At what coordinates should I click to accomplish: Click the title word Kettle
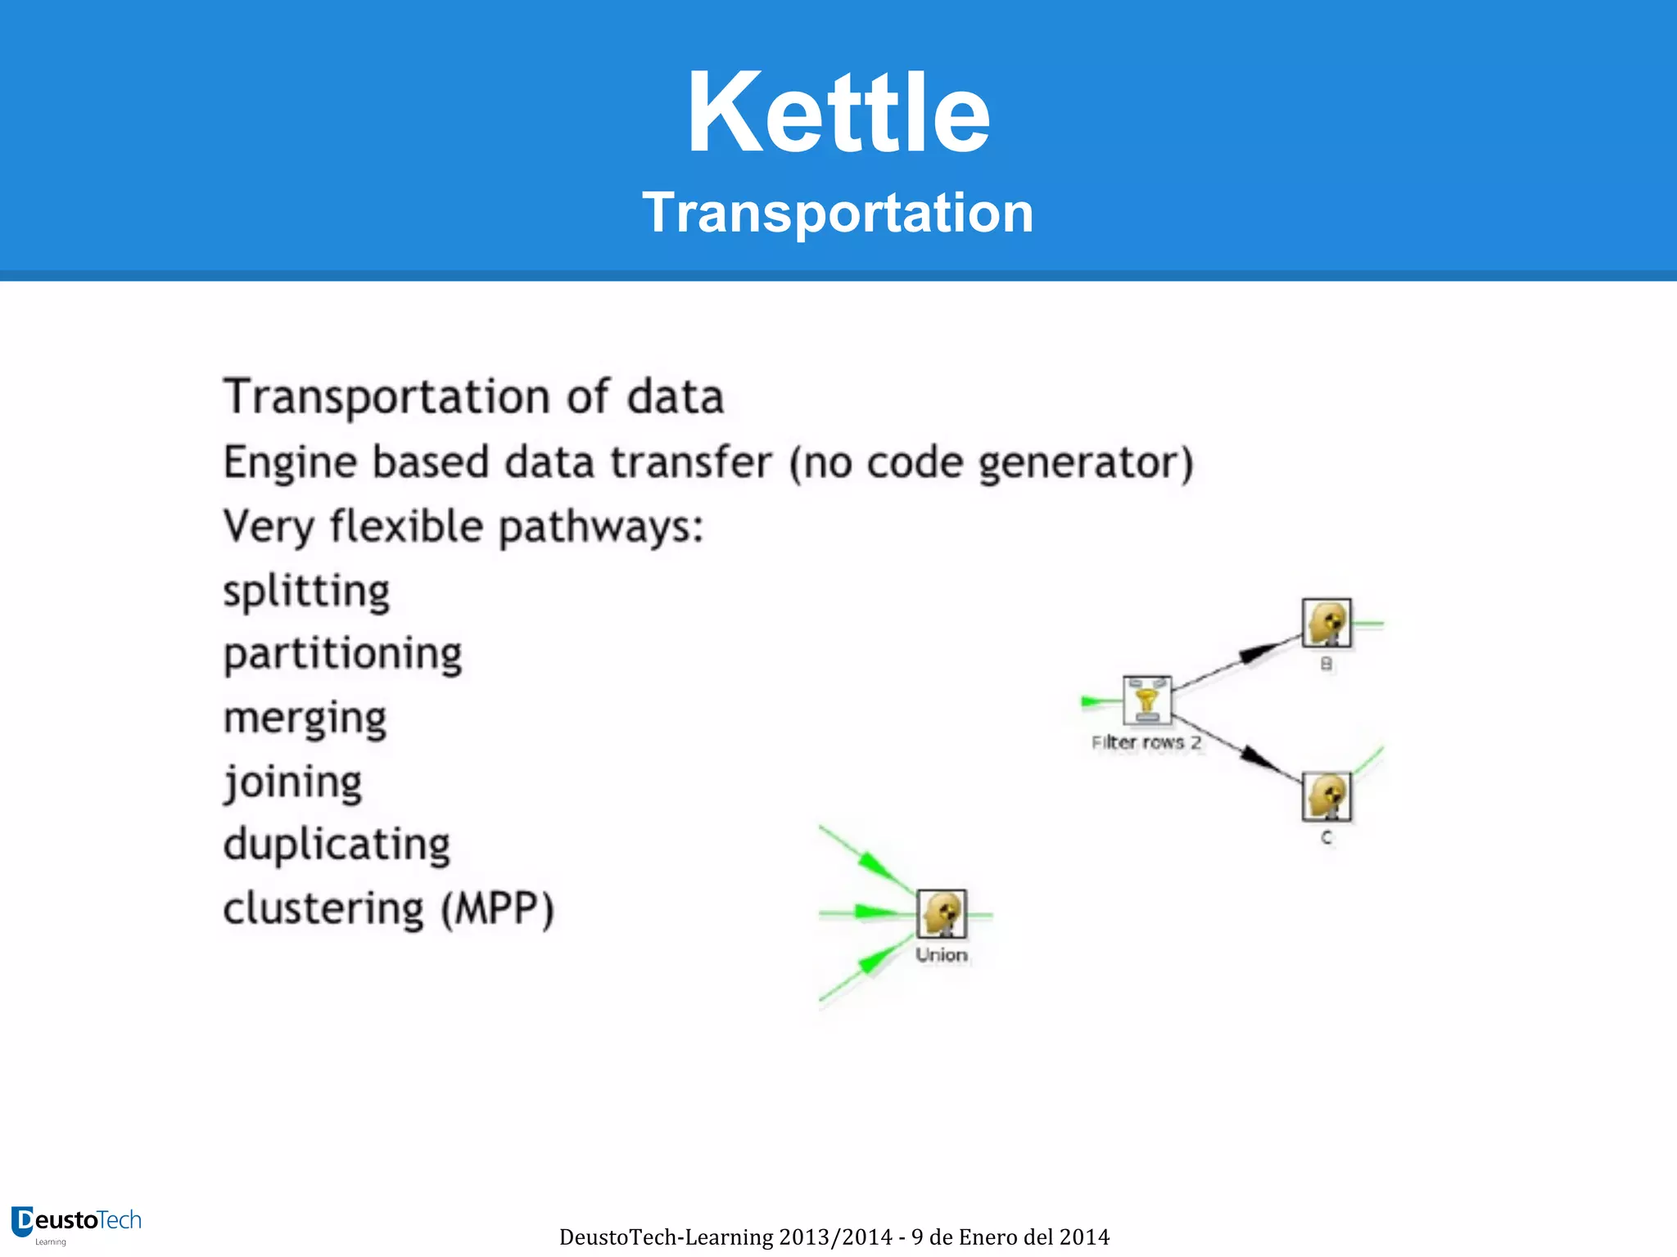click(838, 112)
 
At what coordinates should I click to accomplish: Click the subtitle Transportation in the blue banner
click(838, 213)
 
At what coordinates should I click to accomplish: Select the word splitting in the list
click(306, 591)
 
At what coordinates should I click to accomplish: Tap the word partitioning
click(342, 655)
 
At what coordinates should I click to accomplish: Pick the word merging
click(305, 719)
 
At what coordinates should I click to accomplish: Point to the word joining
click(292, 782)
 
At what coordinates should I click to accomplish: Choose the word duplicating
click(337, 845)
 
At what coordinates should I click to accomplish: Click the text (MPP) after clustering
click(498, 909)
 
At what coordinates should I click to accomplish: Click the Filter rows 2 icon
click(1146, 701)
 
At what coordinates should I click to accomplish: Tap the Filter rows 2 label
click(1146, 742)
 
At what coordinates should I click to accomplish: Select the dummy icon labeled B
click(1327, 624)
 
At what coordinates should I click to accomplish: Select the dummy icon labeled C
click(1327, 796)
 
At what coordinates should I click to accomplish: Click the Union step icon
click(942, 913)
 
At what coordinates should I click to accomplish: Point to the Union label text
click(942, 955)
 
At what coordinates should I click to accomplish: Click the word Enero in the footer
click(988, 1237)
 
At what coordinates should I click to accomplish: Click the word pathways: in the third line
click(601, 527)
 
